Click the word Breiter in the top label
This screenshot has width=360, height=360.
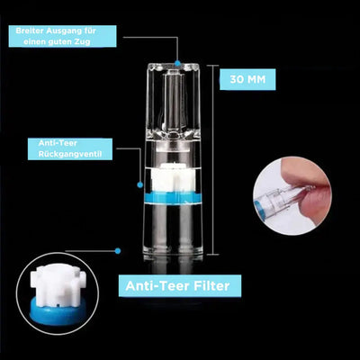coord(30,31)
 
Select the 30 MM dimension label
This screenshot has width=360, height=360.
coord(247,79)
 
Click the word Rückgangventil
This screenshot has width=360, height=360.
coord(70,154)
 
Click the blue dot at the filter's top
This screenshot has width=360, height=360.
coord(177,63)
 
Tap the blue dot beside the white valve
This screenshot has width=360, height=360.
coord(139,184)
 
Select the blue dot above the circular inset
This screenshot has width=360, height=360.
coord(118,251)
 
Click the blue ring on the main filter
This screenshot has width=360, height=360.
coord(173,199)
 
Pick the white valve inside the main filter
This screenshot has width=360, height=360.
coord(172,178)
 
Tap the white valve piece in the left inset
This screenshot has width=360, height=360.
coord(57,286)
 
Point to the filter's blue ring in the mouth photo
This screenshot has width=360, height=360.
coord(257,209)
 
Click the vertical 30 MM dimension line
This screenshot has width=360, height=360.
coord(213,159)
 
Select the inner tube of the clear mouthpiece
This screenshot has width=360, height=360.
coord(173,101)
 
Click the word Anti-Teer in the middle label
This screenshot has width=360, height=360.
coord(58,143)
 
